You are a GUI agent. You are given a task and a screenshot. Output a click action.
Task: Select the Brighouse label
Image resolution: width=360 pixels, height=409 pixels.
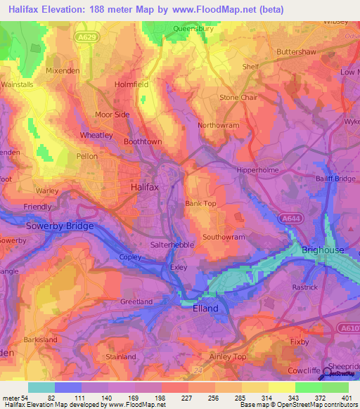coord(323,250)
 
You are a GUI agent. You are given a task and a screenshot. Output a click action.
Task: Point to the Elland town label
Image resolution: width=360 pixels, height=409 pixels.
coord(205,309)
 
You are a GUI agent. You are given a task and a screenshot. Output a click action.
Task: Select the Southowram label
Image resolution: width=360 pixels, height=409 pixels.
coord(224,238)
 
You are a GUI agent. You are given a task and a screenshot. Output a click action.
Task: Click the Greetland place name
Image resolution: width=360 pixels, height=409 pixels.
coord(136,302)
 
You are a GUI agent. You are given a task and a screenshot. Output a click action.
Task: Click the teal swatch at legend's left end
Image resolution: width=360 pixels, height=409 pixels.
coord(41,387)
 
